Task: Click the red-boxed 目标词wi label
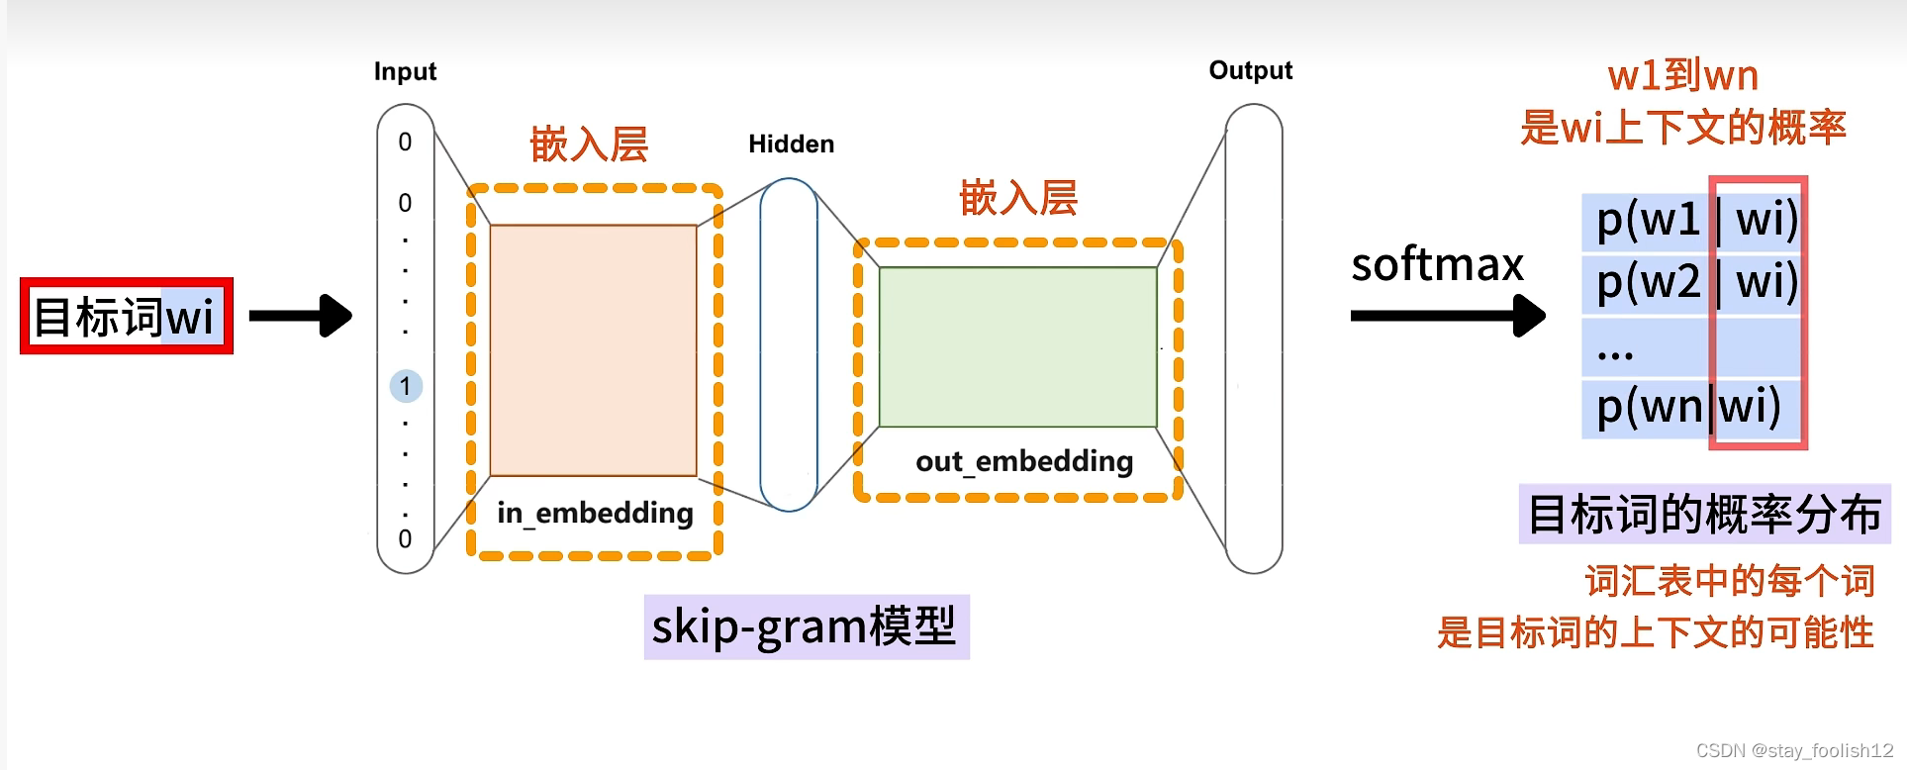[x=126, y=317]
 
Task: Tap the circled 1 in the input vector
[x=406, y=386]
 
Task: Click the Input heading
[x=405, y=71]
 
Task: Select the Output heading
[x=1250, y=70]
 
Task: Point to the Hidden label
[x=791, y=144]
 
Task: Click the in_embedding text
[x=595, y=513]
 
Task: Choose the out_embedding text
[x=1024, y=461]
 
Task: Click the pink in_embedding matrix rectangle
[x=593, y=350]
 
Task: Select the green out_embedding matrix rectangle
[x=1017, y=347]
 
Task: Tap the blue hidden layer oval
[x=789, y=344]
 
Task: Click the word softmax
[x=1437, y=264]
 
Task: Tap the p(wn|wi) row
[x=1688, y=406]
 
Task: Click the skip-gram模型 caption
[x=806, y=626]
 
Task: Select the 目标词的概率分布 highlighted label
[x=1704, y=515]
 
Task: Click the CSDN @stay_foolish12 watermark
[x=1794, y=750]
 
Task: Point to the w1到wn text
[x=1682, y=75]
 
